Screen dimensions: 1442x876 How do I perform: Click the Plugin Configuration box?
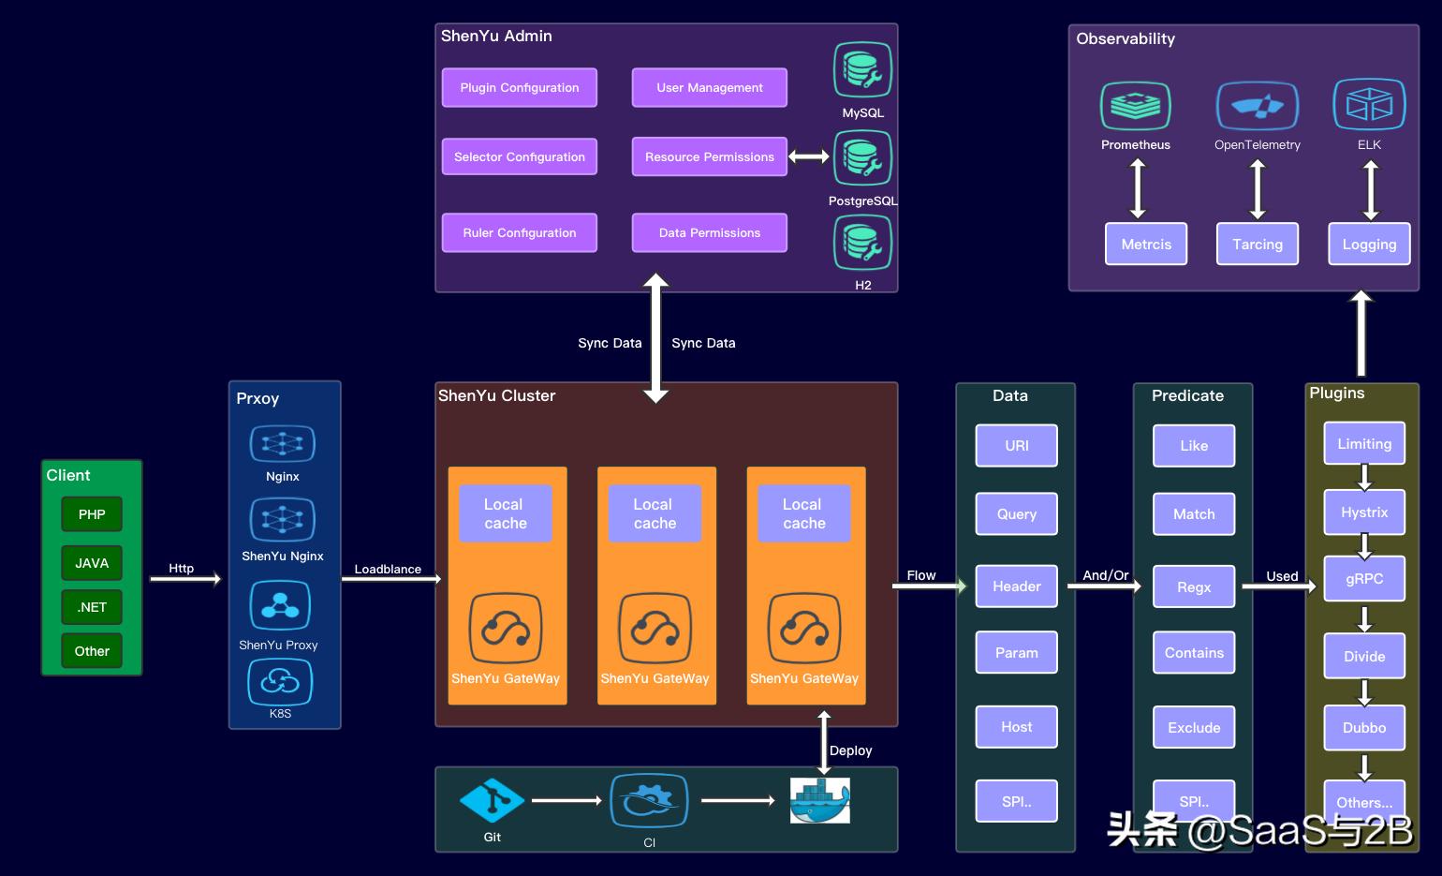pos(519,88)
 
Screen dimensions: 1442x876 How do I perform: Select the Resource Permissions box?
pos(710,156)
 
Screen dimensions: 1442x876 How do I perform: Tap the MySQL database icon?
pos(862,69)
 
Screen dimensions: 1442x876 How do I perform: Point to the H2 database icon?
pos(862,243)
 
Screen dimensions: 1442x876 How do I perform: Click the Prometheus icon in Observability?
pos(1136,106)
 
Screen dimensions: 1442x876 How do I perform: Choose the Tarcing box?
pos(1258,245)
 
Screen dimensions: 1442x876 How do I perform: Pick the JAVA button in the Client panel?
pos(92,563)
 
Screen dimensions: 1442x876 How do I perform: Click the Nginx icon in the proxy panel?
pos(282,444)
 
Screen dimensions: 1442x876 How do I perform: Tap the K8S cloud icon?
pos(280,682)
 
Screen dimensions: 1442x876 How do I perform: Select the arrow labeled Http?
pos(185,579)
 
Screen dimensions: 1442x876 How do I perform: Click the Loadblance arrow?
pos(391,579)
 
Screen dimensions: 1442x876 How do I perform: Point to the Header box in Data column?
pos(1017,586)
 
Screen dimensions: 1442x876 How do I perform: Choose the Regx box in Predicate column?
pos(1194,586)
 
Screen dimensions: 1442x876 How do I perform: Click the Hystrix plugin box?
pos(1364,512)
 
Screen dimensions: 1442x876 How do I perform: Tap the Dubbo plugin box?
pos(1364,728)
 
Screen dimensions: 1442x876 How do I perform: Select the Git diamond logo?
pos(492,801)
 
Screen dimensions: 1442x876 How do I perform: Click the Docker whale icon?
pos(820,801)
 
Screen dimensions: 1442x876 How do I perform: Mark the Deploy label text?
pos(850,751)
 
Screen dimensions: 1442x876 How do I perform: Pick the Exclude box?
pos(1194,727)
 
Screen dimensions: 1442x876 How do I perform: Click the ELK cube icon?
pos(1369,104)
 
